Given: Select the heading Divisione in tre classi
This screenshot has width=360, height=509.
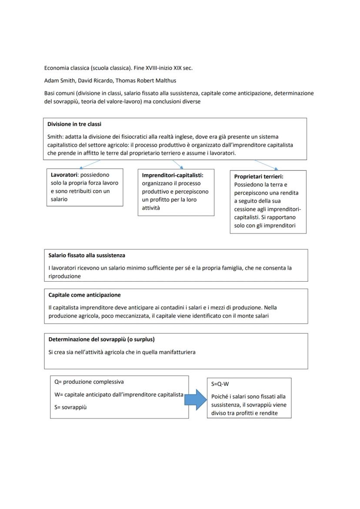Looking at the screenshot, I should click(x=74, y=124).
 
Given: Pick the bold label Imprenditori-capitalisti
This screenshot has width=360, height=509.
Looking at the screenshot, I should click(x=173, y=175).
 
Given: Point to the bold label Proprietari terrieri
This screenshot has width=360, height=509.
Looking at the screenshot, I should click(x=259, y=176).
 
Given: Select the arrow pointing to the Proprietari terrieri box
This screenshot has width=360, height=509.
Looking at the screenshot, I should click(x=266, y=165).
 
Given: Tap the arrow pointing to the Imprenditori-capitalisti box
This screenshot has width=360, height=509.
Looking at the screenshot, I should click(x=177, y=164).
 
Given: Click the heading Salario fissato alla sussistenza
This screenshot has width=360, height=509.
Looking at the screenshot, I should click(x=87, y=255).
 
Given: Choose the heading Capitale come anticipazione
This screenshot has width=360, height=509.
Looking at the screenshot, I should click(x=85, y=295).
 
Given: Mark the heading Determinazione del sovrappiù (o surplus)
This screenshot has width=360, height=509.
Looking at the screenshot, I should click(x=102, y=339).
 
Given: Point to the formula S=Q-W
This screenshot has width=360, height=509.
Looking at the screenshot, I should click(x=220, y=384).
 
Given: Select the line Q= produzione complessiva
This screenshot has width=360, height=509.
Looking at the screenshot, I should click(x=89, y=382).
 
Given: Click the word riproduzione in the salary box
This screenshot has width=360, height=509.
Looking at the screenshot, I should click(x=65, y=276).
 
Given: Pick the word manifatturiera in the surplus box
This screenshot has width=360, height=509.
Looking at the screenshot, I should click(x=176, y=352).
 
